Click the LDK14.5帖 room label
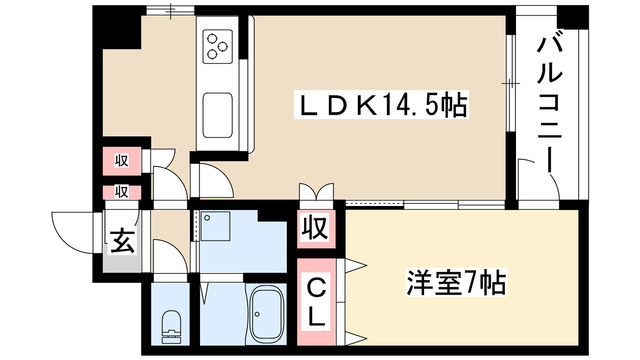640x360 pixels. click(x=381, y=103)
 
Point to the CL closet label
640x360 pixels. click(x=315, y=303)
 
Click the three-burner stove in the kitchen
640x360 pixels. click(x=218, y=45)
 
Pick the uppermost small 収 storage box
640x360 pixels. click(x=119, y=160)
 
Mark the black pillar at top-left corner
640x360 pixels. click(x=118, y=28)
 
